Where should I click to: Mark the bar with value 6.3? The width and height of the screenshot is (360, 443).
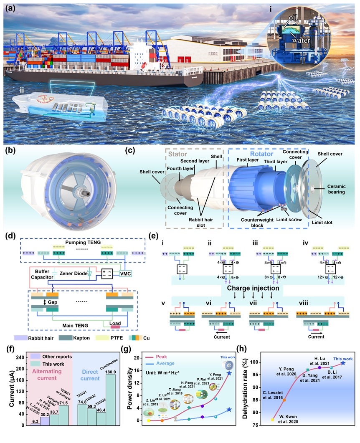coord(35,424)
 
